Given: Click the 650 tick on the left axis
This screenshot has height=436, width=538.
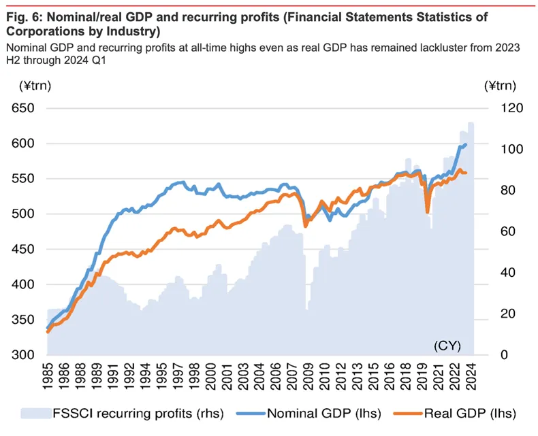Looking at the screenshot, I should coord(26,108).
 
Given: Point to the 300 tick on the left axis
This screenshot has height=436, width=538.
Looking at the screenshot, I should coord(26,355).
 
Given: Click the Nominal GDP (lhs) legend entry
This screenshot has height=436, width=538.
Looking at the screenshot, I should coord(324,413).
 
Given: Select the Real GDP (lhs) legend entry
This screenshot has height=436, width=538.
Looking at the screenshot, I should coord(471,413).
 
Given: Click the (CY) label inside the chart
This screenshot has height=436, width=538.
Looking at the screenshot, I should coord(447,346).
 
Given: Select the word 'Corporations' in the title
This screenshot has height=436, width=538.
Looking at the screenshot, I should coord(42,31).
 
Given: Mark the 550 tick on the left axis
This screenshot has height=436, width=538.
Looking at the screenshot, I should coord(26,179).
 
